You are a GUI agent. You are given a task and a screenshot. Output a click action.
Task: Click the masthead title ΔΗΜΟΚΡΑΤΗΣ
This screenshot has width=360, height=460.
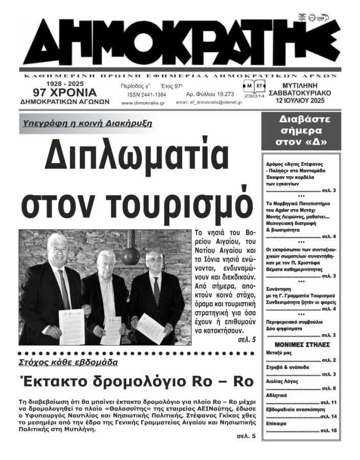tap(181, 43)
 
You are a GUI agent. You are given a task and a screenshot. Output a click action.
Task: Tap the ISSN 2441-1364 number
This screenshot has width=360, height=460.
tap(147, 95)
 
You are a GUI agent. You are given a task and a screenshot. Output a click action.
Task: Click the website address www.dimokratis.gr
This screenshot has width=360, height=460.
tap(143, 103)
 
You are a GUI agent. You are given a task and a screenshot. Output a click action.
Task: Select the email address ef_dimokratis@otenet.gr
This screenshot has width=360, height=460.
tap(209, 103)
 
